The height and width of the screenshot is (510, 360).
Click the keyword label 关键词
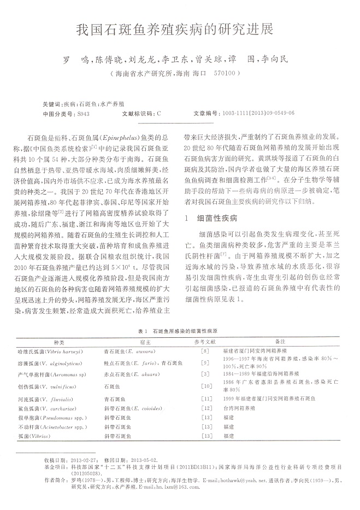click(52, 103)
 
